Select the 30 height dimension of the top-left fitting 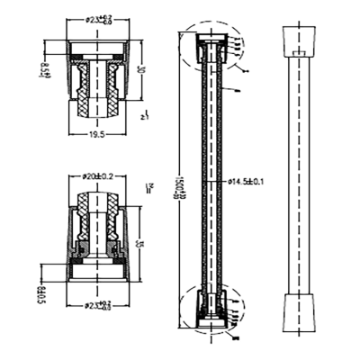tap(140, 70)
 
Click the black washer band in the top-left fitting tap(98, 56)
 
